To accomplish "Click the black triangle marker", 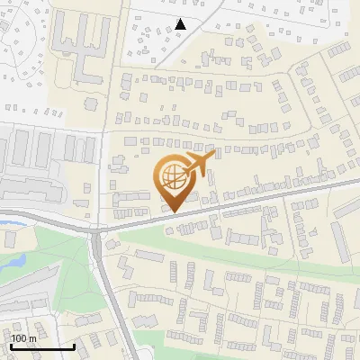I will (181, 24).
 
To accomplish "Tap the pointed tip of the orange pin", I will (174, 211).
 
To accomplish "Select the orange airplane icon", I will (199, 164).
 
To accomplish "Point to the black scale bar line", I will (42, 346).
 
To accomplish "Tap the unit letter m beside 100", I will (33, 338).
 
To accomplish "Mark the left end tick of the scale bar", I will (11, 345).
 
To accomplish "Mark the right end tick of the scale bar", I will (74, 345).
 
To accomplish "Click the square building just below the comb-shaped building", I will (90, 103).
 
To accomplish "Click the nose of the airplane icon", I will (214, 155).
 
